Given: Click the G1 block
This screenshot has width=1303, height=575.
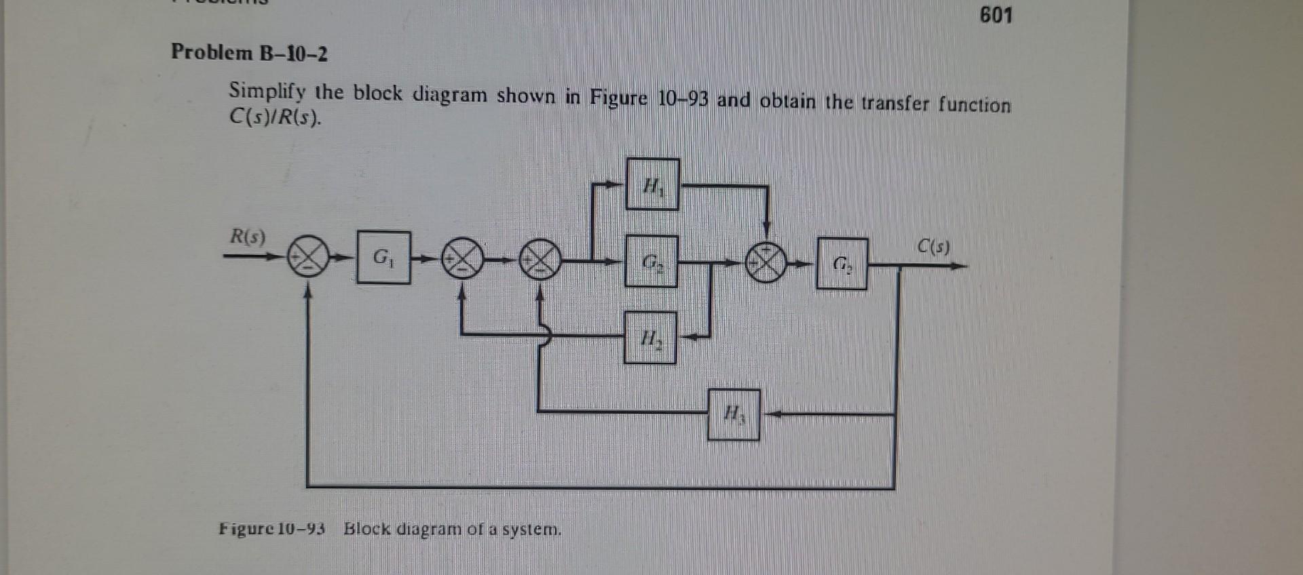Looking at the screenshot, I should coord(383,257).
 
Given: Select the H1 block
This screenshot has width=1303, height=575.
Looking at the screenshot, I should coord(652,184).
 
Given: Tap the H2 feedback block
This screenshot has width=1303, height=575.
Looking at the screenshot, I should coord(650,337).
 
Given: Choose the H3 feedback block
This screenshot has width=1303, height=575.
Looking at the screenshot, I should coord(733,414).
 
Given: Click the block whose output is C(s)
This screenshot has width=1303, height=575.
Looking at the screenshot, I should coord(842,263).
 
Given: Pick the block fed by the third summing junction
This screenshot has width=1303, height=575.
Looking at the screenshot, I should coord(651,261).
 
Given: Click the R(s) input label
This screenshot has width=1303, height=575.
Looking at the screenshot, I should coord(248,237).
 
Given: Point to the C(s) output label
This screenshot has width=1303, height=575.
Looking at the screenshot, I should coord(934,246).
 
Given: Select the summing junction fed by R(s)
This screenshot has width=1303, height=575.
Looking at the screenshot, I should coord(307,258).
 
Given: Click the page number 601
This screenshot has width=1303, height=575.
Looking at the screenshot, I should coord(996,15).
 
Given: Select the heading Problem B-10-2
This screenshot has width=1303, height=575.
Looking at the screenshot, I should coord(249,52).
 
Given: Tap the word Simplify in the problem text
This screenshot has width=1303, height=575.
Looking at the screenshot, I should coord(267,91).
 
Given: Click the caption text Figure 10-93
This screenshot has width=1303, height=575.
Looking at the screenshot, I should coord(272,528).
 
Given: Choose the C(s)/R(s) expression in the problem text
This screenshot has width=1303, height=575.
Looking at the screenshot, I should coord(274,118).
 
